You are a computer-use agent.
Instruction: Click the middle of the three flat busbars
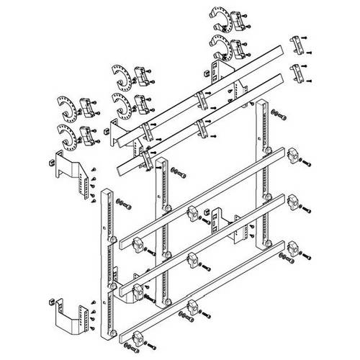pos(209,238)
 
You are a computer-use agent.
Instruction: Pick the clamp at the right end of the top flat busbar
pos(293,156)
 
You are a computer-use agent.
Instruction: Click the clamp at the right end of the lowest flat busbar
pos(294,248)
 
